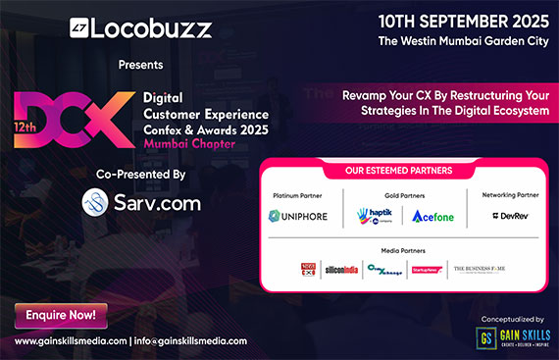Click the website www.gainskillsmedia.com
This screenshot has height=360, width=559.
pyautogui.click(x=69, y=340)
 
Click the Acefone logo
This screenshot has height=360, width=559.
pyautogui.click(x=433, y=216)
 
